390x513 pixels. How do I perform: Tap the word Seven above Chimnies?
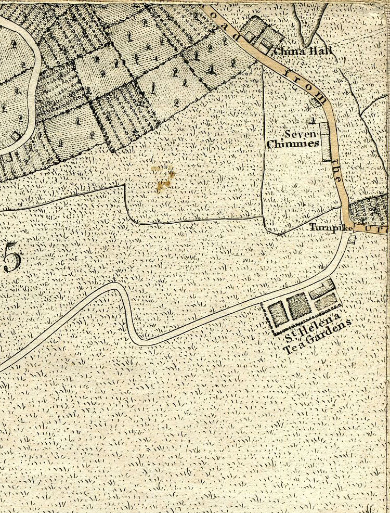point(296,134)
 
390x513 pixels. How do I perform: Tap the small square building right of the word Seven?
point(311,121)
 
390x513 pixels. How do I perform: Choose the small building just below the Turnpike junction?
point(352,239)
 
